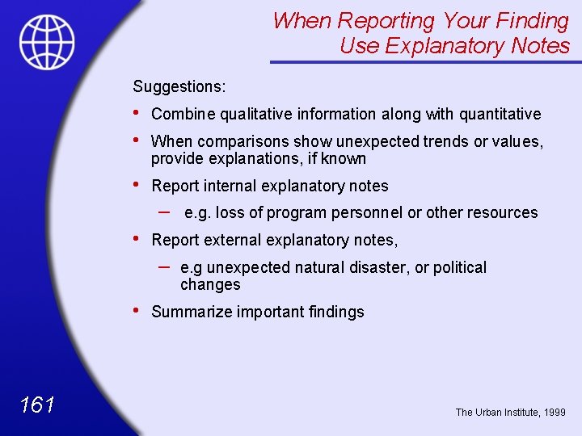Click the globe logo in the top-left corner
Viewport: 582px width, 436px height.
tap(48, 42)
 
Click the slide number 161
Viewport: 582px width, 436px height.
tap(38, 405)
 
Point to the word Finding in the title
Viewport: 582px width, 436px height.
tap(529, 20)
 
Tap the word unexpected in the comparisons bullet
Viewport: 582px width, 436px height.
tap(375, 141)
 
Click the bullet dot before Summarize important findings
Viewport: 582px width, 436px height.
tap(136, 311)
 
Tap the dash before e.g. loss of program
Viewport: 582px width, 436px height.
tap(164, 211)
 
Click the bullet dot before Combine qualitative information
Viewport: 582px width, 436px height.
tap(136, 114)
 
